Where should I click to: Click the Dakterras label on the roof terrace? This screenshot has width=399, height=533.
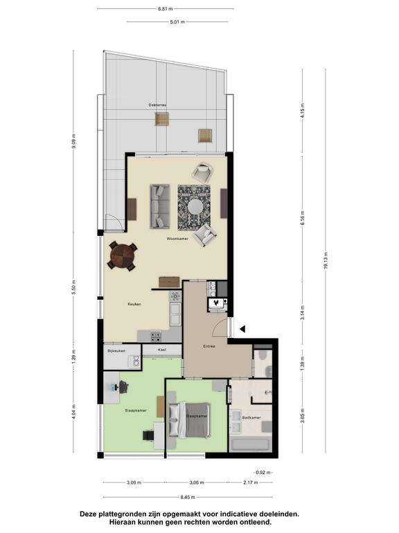pyautogui.click(x=157, y=105)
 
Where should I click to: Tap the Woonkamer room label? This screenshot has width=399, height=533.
pyautogui.click(x=177, y=239)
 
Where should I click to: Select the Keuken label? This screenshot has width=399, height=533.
pyautogui.click(x=134, y=304)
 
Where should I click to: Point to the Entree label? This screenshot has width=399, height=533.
pyautogui.click(x=209, y=347)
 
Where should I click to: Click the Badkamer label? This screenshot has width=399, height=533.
pyautogui.click(x=251, y=418)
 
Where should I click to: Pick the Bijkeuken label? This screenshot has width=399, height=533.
pyautogui.click(x=116, y=350)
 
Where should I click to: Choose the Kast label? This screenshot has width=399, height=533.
pyautogui.click(x=162, y=350)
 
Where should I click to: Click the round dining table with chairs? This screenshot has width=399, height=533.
pyautogui.click(x=123, y=256)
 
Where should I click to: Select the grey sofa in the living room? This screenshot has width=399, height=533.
pyautogui.click(x=160, y=206)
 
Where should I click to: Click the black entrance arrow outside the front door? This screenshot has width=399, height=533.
pyautogui.click(x=242, y=329)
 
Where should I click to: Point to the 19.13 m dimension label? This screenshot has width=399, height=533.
pyautogui.click(x=326, y=261)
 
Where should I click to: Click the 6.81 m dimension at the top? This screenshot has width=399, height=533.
pyautogui.click(x=166, y=9)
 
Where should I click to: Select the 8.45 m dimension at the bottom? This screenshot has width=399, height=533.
pyautogui.click(x=188, y=498)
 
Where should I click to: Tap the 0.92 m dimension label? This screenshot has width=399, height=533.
pyautogui.click(x=263, y=473)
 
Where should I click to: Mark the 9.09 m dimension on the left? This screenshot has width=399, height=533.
pyautogui.click(x=74, y=141)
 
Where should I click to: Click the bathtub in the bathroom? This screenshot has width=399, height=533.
pyautogui.click(x=250, y=444)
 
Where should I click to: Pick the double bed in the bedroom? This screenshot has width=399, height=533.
pyautogui.click(x=188, y=420)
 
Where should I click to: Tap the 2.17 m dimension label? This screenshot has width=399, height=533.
pyautogui.click(x=250, y=482)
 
